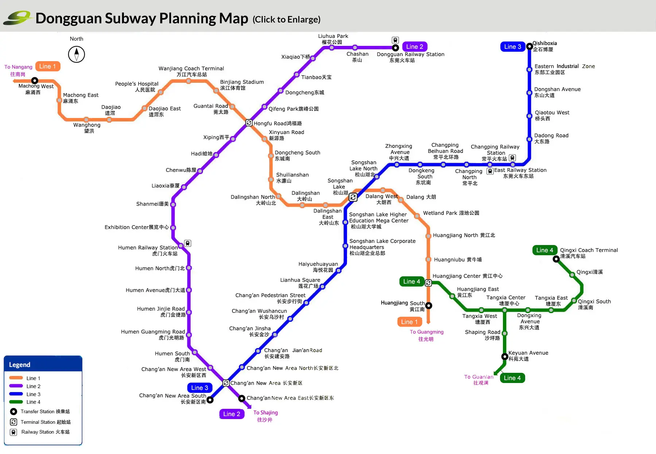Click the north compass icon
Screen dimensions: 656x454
77,54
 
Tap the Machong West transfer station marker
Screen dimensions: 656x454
35,80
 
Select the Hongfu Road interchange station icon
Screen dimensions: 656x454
249,123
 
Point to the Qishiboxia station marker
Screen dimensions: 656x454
530,46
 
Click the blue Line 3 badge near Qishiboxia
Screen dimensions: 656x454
513,47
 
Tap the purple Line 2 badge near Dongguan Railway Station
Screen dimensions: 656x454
415,47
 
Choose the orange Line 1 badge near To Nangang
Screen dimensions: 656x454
48,66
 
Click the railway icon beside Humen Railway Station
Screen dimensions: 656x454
187,243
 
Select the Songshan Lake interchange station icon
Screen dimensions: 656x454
353,197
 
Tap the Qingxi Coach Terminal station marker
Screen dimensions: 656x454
556,259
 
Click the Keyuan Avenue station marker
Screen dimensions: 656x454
505,356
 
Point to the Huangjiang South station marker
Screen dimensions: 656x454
429,305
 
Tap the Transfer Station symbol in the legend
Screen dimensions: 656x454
13,411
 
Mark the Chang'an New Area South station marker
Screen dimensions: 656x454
210,399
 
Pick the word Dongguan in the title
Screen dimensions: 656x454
69,18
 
